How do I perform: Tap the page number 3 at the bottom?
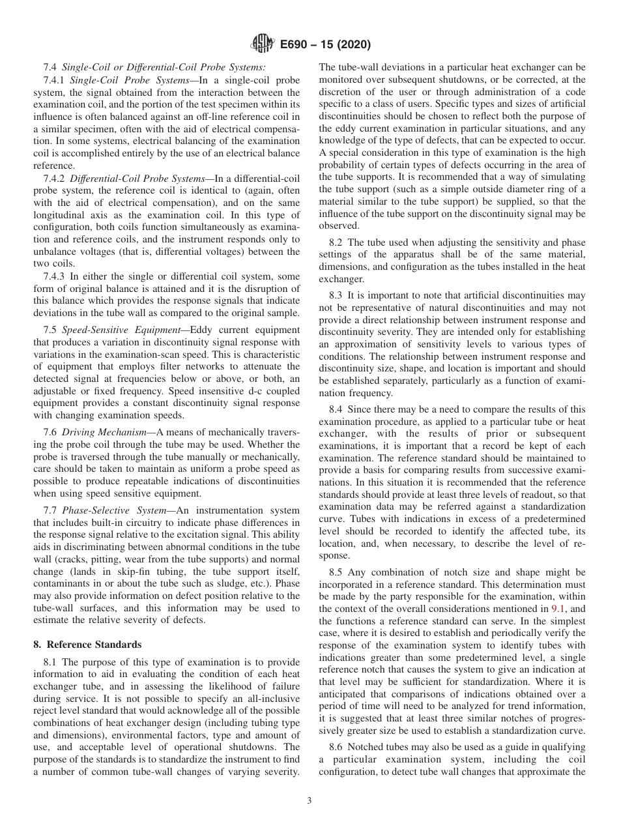point(309,802)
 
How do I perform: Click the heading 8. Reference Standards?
point(87,645)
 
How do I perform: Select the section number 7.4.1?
point(55,80)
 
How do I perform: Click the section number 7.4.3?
point(55,277)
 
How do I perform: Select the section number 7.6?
point(51,433)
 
